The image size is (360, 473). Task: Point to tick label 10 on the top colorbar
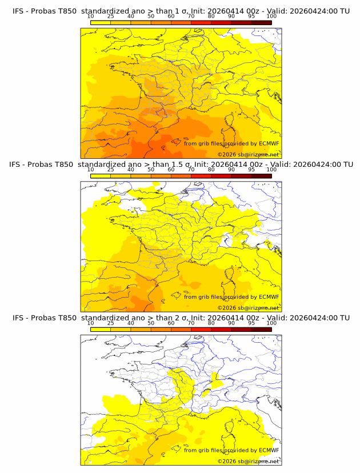(90, 16)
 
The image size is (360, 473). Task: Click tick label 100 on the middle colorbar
(271, 170)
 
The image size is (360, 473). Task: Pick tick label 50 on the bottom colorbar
(151, 323)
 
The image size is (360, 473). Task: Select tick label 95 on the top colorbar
(251, 16)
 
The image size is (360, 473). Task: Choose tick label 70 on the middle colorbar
(191, 170)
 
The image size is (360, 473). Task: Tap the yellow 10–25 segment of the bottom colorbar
(100, 329)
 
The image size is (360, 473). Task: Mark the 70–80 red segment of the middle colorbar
(201, 175)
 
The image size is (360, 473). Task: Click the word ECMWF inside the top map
(269, 143)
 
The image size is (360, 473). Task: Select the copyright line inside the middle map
(248, 307)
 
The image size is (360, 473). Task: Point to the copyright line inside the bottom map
(248, 461)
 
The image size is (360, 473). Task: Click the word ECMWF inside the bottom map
(269, 450)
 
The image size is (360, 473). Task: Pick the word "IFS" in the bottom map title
(18, 318)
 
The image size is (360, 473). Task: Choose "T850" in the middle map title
(65, 164)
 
